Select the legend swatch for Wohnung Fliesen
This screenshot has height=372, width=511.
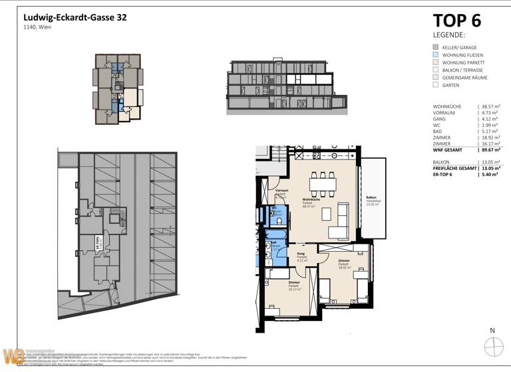[x=435, y=55]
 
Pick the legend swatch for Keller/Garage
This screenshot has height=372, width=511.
[x=435, y=48]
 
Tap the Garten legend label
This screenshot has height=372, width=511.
[x=451, y=85]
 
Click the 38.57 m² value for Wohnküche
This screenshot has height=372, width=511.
[x=490, y=106]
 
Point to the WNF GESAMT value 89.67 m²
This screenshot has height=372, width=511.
[x=490, y=150]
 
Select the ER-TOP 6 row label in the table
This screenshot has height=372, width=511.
[x=446, y=174]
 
